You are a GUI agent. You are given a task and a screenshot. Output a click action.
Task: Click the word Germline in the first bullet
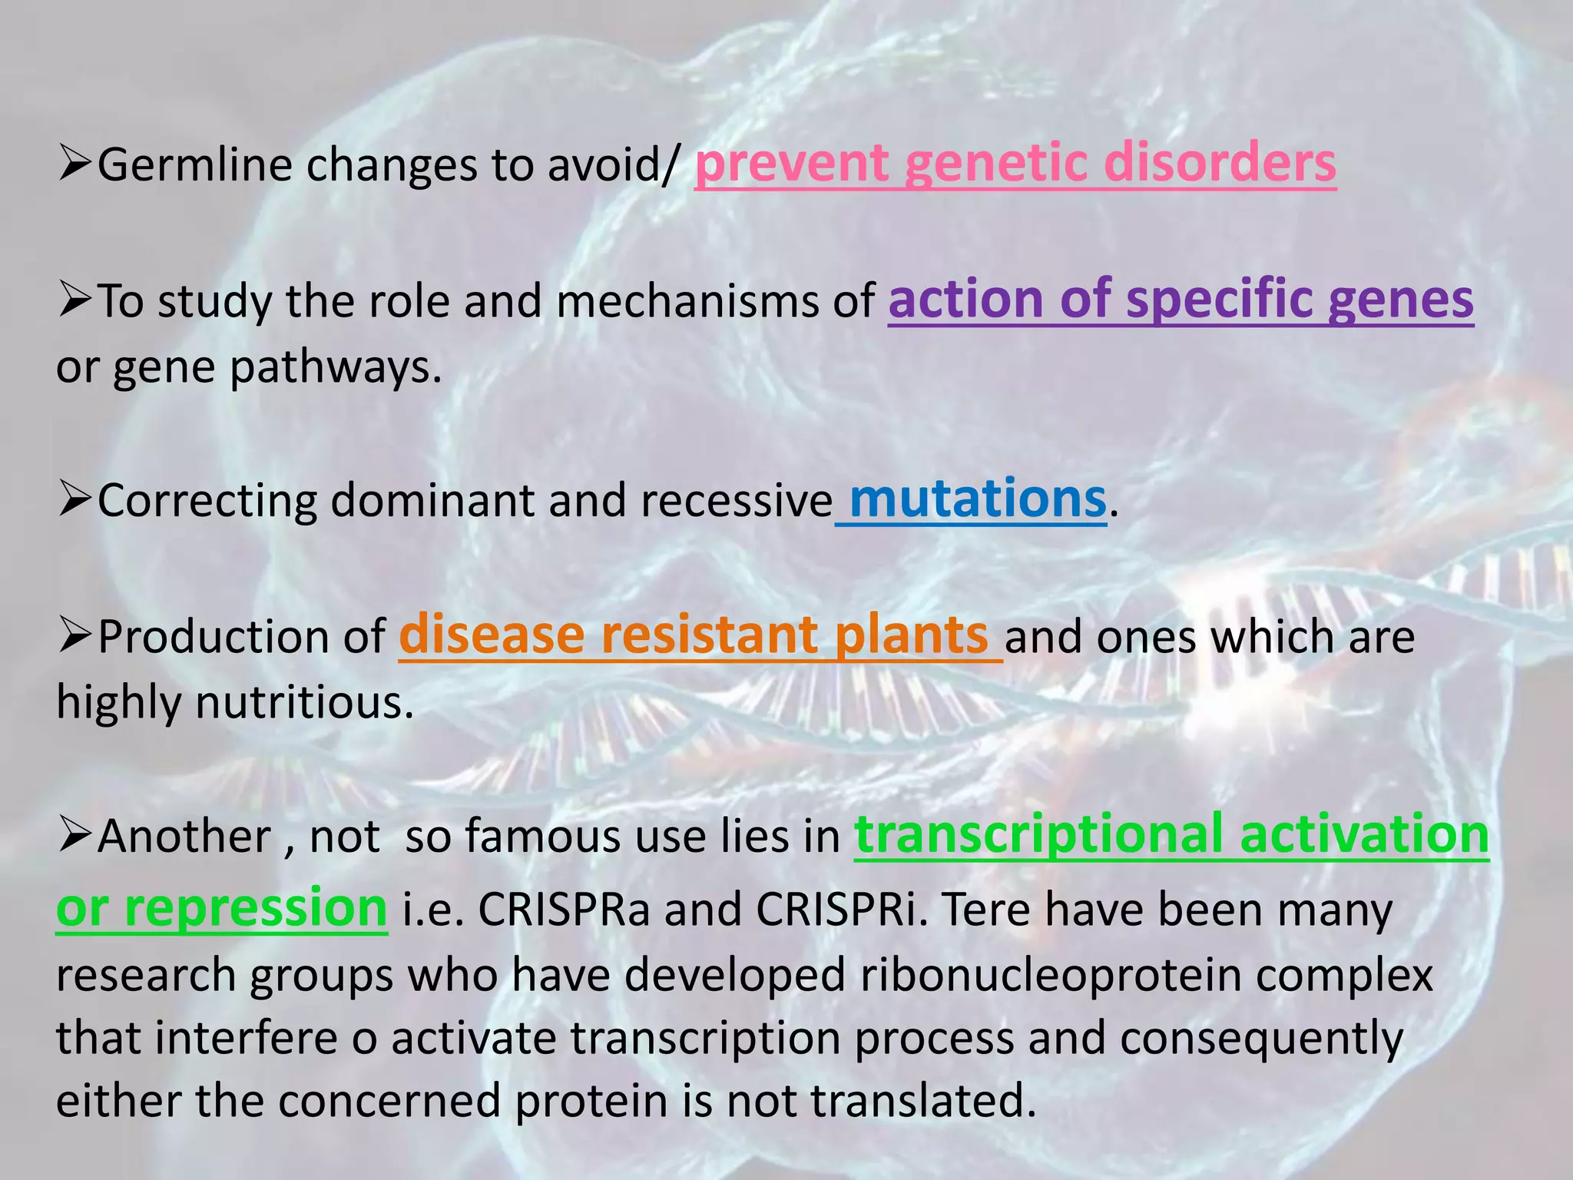coord(194,165)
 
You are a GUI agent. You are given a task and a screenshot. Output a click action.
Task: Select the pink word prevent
coord(791,164)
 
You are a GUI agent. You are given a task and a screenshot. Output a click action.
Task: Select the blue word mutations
coord(977,499)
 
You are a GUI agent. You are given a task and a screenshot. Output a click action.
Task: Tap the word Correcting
coord(207,501)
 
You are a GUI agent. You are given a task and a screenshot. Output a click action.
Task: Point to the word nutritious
coord(304,702)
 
